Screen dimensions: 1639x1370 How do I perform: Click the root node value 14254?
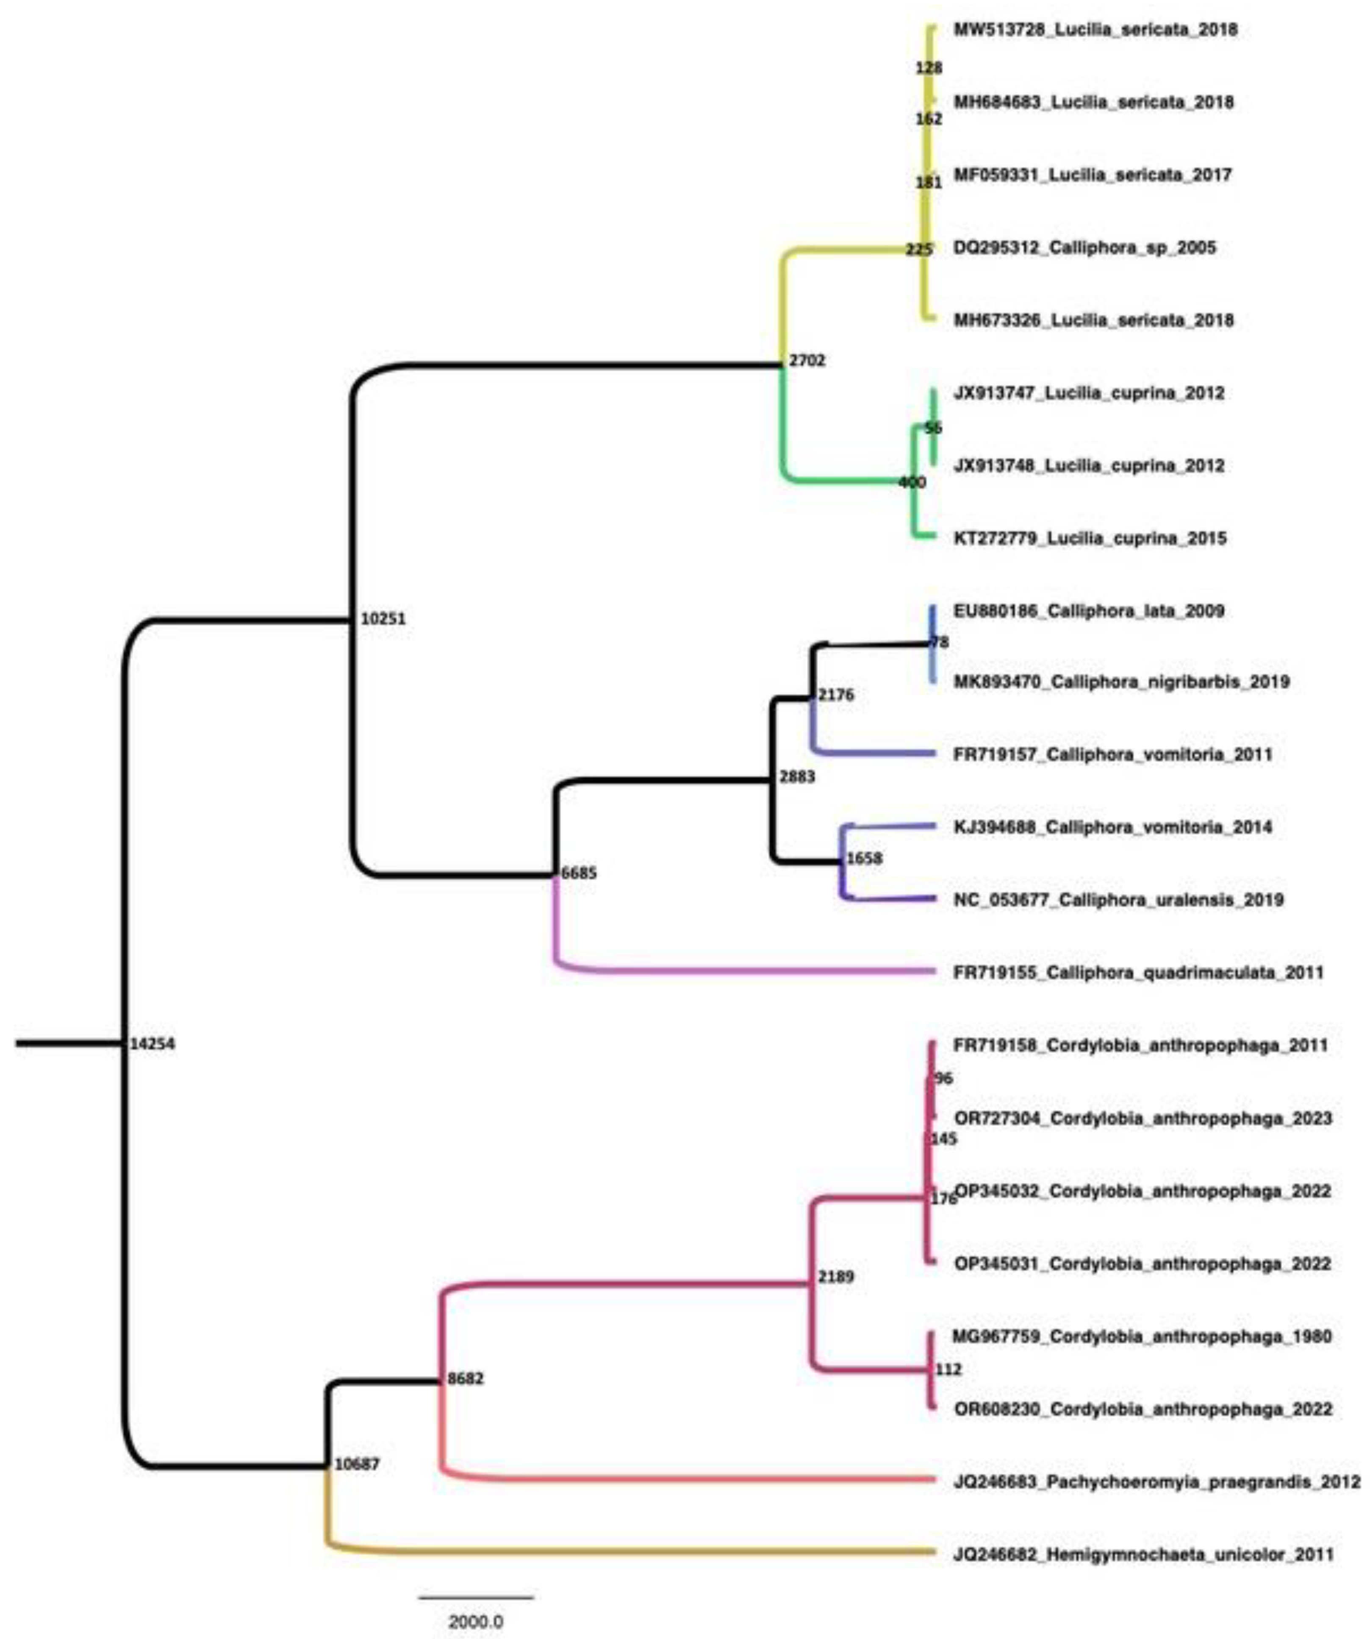(152, 1044)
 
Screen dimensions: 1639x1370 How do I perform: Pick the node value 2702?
(807, 361)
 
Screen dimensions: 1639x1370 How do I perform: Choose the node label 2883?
(796, 776)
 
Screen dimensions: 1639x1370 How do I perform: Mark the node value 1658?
(865, 859)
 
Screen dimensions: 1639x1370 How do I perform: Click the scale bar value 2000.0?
(475, 1622)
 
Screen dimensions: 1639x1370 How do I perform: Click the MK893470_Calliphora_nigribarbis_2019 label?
(1122, 682)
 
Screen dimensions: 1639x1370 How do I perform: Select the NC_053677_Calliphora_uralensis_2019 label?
(1118, 900)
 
